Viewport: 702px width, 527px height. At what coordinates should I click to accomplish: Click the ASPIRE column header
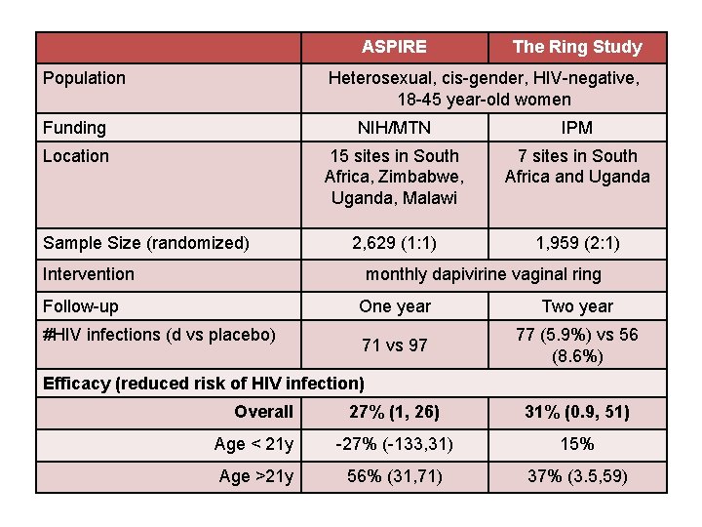(x=394, y=46)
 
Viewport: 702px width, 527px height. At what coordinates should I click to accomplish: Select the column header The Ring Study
(x=577, y=46)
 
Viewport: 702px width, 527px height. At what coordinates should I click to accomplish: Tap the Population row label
(x=85, y=78)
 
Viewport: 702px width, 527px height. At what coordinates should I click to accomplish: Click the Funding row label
(x=75, y=128)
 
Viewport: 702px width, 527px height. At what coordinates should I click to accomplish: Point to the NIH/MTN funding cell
(x=394, y=128)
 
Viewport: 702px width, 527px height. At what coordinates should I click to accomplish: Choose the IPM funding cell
(x=577, y=128)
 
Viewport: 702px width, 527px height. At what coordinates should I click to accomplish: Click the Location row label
(x=76, y=156)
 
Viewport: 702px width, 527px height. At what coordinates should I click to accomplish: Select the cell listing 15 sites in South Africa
(x=394, y=177)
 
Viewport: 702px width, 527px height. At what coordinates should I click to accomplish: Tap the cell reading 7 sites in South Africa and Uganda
(x=577, y=167)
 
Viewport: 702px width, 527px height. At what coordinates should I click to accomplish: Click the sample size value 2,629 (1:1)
(x=394, y=243)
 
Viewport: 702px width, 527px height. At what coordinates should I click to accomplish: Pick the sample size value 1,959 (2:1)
(x=577, y=243)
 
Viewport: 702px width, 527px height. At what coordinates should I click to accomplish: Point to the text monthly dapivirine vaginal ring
(x=483, y=274)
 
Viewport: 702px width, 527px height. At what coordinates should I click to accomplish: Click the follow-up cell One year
(x=394, y=306)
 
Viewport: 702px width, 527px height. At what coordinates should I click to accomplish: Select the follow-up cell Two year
(x=577, y=306)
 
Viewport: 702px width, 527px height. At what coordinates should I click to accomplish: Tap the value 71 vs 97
(x=394, y=345)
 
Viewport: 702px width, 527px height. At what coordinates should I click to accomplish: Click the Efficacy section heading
(x=204, y=384)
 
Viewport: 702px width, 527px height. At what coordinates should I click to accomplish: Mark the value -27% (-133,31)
(x=394, y=444)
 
